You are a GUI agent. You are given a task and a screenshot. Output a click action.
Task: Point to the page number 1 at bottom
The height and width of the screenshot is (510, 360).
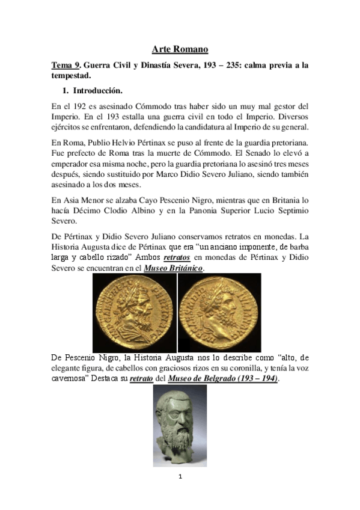179,477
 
